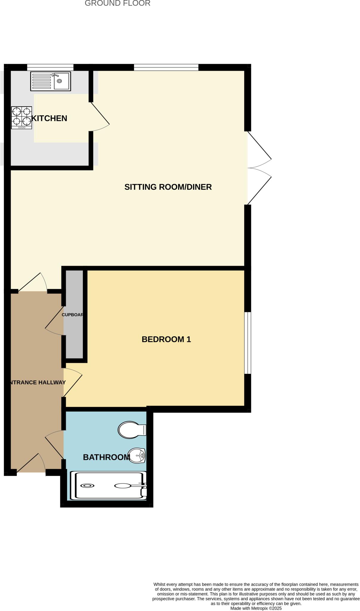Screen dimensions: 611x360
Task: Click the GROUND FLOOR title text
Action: click(x=118, y=3)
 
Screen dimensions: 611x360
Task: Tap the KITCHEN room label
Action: click(x=50, y=118)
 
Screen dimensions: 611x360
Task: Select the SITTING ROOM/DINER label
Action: click(x=168, y=187)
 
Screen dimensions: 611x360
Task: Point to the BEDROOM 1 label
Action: click(x=166, y=340)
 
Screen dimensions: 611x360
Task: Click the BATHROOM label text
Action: click(x=106, y=457)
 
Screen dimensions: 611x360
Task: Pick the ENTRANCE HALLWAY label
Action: click(x=37, y=382)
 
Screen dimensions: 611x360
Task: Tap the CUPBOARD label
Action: click(x=72, y=315)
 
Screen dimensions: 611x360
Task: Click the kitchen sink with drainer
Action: click(x=50, y=81)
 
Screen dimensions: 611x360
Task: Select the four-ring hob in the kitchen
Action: click(x=21, y=118)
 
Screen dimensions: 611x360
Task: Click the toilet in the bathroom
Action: click(x=132, y=430)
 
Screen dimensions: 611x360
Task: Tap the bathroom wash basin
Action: click(x=137, y=456)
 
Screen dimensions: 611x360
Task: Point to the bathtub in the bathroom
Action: click(x=108, y=485)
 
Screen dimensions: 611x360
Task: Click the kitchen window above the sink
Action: click(x=50, y=67)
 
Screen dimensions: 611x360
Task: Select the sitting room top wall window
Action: click(x=166, y=67)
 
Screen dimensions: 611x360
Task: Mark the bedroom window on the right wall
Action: click(x=248, y=343)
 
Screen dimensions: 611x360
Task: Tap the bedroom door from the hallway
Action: click(x=72, y=382)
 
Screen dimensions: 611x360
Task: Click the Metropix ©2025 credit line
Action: click(x=256, y=608)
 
